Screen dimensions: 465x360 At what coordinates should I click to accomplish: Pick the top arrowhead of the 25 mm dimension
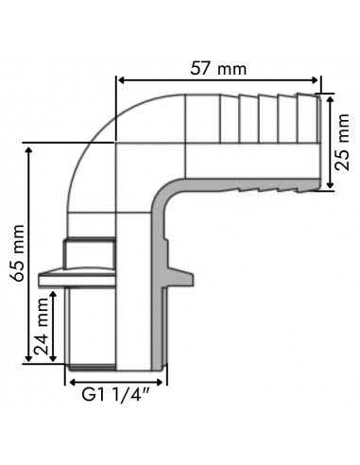(x=329, y=97)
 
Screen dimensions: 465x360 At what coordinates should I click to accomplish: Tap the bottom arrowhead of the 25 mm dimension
(x=329, y=185)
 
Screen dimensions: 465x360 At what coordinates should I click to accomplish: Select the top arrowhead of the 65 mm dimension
(x=31, y=147)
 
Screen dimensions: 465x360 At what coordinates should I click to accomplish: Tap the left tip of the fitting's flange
(x=42, y=281)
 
